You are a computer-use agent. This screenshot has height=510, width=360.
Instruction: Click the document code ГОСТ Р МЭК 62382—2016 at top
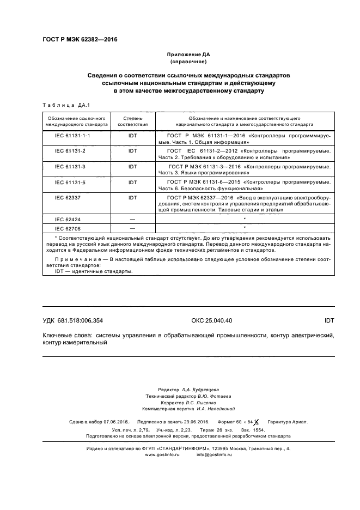[80, 40]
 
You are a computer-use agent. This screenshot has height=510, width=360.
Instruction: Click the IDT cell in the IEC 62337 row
[132, 197]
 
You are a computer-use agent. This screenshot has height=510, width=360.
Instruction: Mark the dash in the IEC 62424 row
[132, 219]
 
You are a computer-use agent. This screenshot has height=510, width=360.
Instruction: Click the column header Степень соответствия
[132, 121]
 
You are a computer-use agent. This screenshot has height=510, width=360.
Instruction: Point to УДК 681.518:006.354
[73, 321]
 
